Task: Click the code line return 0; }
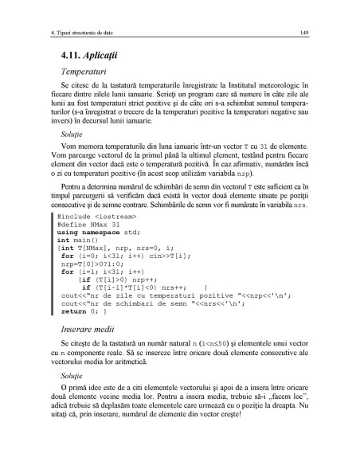(x=83, y=316)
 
